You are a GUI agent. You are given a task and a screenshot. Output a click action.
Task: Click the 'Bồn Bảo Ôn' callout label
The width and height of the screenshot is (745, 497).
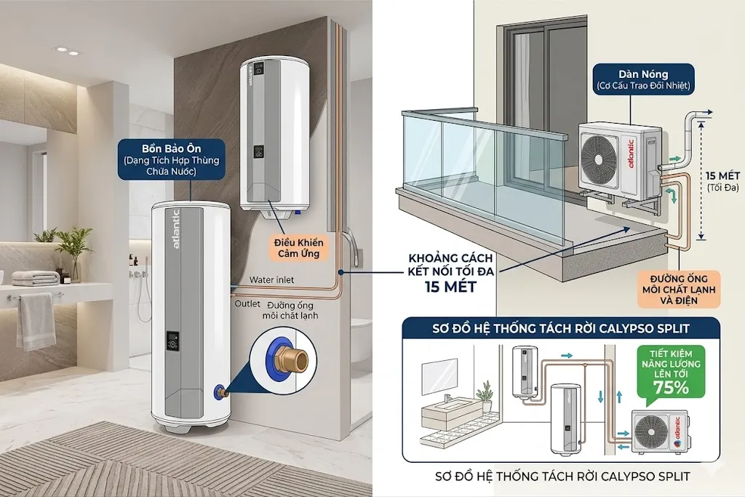pos(171,159)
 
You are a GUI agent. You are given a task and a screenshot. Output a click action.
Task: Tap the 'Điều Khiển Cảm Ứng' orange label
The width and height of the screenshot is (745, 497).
pos(299,248)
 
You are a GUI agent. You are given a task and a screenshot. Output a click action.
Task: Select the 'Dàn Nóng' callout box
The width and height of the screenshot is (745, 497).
pos(643,80)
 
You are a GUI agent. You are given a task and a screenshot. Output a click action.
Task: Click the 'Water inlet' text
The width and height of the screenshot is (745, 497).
pos(272,280)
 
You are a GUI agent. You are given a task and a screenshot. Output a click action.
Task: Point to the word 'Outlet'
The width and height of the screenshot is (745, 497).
pos(247,303)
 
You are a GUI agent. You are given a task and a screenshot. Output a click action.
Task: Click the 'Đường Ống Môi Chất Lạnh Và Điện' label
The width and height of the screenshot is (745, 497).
pos(678,290)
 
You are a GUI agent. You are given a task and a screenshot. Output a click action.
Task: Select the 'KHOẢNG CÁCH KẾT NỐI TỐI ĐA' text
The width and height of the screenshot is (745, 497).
pos(451,265)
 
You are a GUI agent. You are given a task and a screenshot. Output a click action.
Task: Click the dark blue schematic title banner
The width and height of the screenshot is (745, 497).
pos(561,328)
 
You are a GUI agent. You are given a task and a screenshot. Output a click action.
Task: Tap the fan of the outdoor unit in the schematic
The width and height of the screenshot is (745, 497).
pos(651,432)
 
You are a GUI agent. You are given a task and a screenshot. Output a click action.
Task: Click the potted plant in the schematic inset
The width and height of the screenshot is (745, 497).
pos(485,396)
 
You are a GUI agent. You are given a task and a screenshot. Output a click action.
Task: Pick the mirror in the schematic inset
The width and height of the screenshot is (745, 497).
pos(437,372)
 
